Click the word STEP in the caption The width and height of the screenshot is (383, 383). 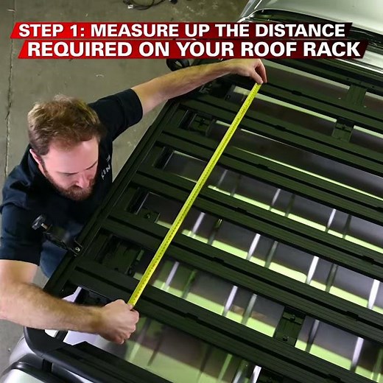[40, 30]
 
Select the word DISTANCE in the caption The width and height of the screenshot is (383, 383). [300, 30]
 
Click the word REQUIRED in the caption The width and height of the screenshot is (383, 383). [80, 49]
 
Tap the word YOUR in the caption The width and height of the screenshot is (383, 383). [205, 49]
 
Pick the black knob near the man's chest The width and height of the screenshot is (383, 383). [39, 222]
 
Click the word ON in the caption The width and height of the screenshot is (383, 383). [154, 49]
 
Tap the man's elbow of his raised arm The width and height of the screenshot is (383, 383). [138, 94]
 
